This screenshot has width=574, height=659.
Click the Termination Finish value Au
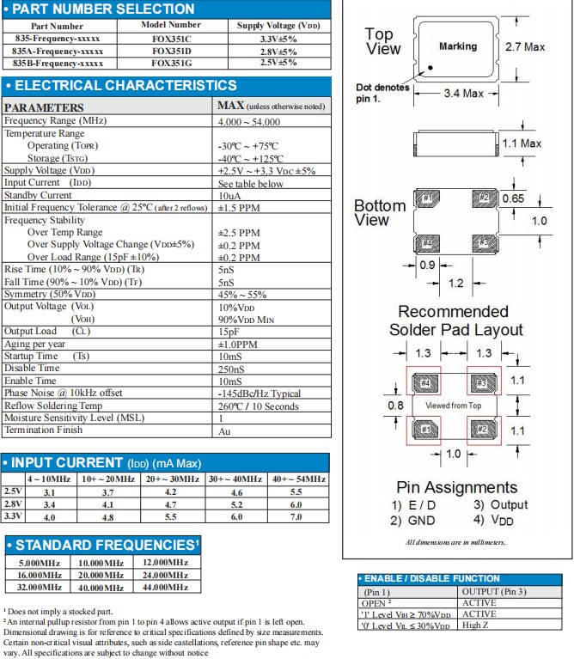pos(224,430)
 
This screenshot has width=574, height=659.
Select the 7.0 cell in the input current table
pos(296,517)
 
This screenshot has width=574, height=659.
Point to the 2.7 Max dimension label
pos(525,46)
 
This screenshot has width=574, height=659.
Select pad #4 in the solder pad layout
pos(424,381)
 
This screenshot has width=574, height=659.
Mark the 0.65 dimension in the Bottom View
pos(514,198)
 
